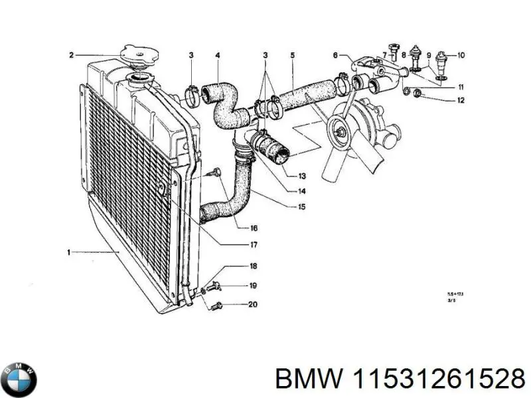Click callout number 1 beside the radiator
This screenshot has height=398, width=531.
69,251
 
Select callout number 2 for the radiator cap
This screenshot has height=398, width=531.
71,55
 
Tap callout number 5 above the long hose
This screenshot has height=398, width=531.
292,54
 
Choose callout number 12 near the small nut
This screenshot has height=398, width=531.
461,101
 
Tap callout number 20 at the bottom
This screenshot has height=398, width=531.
253,305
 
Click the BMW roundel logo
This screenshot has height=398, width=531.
19,380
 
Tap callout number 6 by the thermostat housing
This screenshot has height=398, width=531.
335,55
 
